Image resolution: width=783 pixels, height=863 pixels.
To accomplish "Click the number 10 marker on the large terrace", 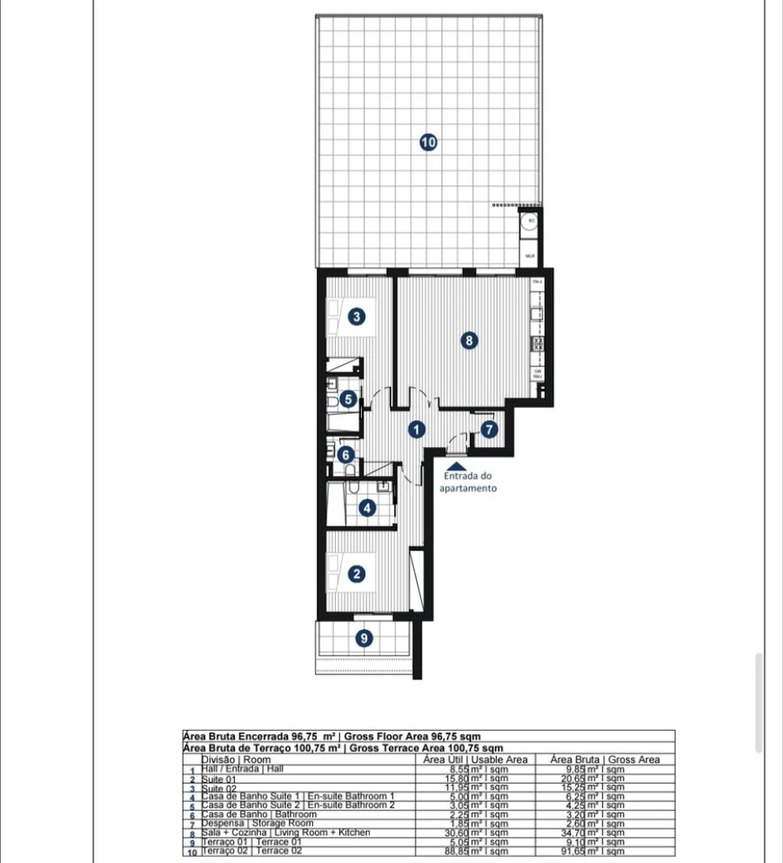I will pyautogui.click(x=428, y=142).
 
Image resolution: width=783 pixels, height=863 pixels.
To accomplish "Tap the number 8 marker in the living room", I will pyautogui.click(x=470, y=341).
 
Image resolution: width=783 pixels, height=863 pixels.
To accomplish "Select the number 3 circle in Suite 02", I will pyautogui.click(x=357, y=317).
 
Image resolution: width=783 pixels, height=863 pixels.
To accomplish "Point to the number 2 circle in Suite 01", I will pyautogui.click(x=357, y=574).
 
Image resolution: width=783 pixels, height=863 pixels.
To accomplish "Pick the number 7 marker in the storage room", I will pyautogui.click(x=489, y=429).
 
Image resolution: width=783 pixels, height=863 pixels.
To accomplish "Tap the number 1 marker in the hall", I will pyautogui.click(x=418, y=429).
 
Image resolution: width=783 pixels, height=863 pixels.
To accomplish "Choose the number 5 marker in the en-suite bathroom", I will pyautogui.click(x=348, y=399).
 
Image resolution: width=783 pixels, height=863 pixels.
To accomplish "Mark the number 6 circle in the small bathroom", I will pyautogui.click(x=345, y=454).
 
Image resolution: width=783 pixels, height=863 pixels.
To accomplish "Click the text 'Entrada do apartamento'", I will pyautogui.click(x=469, y=482).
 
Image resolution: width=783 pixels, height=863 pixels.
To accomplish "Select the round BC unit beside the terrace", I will pyautogui.click(x=529, y=221).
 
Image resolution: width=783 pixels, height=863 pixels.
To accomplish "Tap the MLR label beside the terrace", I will pyautogui.click(x=529, y=257).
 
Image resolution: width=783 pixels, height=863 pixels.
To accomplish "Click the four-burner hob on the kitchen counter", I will pyautogui.click(x=537, y=344).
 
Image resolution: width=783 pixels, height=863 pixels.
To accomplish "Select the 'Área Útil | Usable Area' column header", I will pyautogui.click(x=475, y=759).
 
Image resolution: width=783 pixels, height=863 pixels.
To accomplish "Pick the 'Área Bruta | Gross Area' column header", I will pyautogui.click(x=606, y=759).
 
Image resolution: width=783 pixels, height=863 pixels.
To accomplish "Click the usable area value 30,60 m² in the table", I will pyautogui.click(x=475, y=833).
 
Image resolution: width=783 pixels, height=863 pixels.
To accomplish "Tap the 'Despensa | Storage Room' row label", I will pyautogui.click(x=257, y=824).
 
